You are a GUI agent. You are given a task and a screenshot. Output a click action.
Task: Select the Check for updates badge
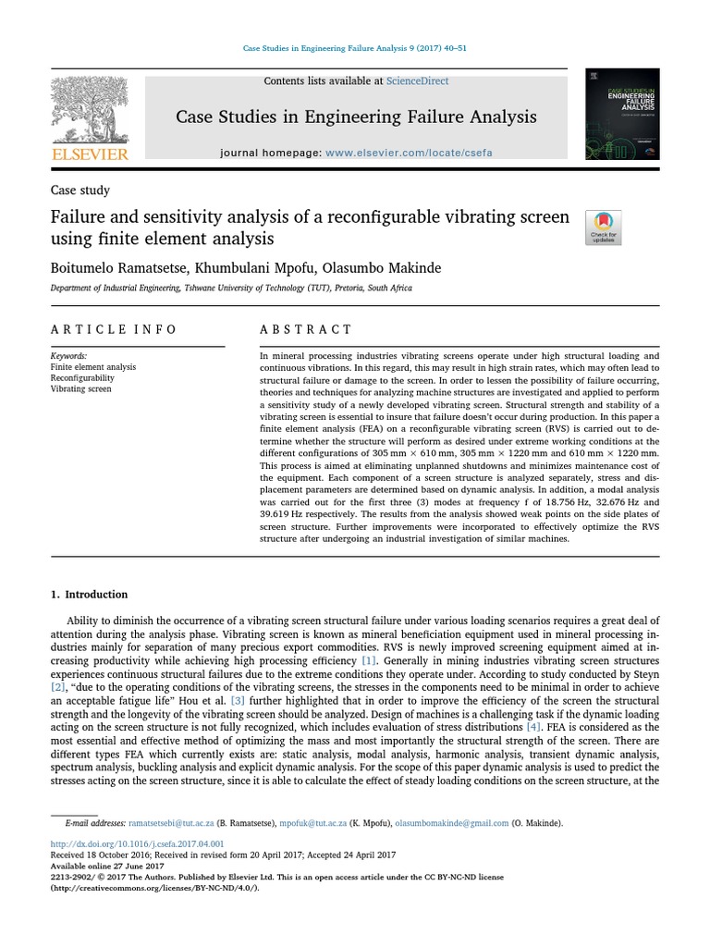click(x=603, y=228)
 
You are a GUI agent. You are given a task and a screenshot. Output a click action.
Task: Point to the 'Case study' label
click(x=80, y=191)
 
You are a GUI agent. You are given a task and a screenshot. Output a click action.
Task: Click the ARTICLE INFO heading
click(x=114, y=330)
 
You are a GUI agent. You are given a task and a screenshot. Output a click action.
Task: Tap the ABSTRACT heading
click(x=306, y=330)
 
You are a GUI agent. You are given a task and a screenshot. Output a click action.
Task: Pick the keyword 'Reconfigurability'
click(x=82, y=378)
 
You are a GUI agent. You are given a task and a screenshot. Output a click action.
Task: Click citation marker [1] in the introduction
click(x=369, y=661)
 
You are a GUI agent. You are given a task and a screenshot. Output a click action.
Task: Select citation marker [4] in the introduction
click(x=533, y=728)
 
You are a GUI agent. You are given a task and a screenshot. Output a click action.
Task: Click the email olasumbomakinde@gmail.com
click(x=452, y=823)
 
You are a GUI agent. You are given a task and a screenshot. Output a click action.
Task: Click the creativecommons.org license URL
click(x=154, y=888)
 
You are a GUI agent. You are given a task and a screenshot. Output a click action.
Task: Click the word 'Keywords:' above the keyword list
click(x=68, y=356)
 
